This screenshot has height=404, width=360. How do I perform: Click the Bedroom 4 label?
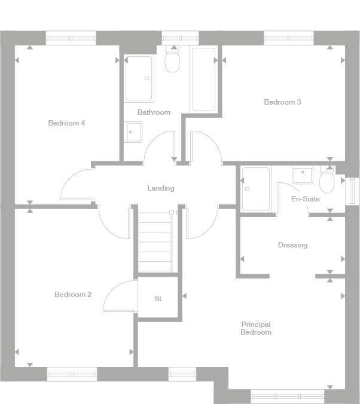coord(66,123)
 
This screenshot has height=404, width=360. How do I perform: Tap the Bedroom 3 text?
coord(282,102)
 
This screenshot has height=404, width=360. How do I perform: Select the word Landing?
coord(161,188)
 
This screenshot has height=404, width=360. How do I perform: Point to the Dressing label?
coord(292,245)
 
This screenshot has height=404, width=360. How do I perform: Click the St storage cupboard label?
coord(158,299)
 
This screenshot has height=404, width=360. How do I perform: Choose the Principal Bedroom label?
coord(256,328)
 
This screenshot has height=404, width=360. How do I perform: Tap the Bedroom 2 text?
coord(73,295)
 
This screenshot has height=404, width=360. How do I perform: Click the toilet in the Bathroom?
coord(172,60)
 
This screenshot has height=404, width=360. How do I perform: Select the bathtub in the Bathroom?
coord(203,79)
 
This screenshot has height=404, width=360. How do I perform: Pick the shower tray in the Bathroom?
coord(139,78)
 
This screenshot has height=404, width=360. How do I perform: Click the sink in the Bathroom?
coord(133,132)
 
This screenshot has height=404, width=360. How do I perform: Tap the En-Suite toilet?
coord(327,180)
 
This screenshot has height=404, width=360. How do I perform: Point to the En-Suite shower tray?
coord(255,188)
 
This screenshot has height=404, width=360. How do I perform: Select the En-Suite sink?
coord(303,175)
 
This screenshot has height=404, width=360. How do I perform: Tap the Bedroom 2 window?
coord(72,374)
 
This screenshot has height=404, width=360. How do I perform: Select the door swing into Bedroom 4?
coord(76,185)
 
